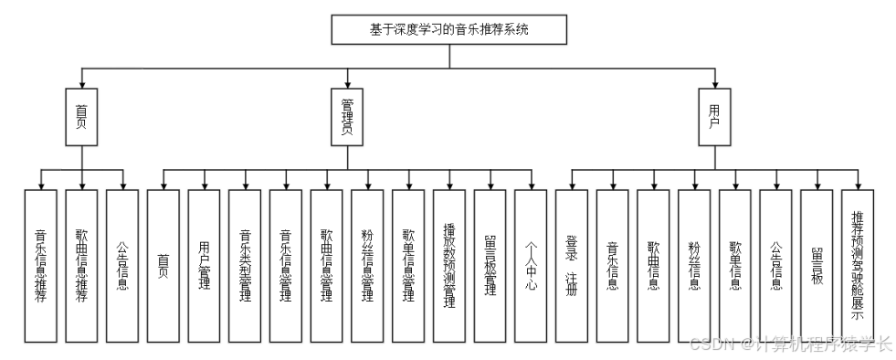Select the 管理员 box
[346, 117]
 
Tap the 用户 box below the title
[714, 117]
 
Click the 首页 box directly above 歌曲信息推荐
[81, 117]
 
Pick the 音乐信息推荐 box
[41, 265]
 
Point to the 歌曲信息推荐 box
[81, 265]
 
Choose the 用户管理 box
[204, 265]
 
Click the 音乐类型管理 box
[245, 265]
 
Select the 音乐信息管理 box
[286, 265]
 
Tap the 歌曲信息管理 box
[327, 265]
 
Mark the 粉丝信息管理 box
[367, 265]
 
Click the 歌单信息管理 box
[408, 265]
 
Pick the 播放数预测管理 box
[449, 265]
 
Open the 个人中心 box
[531, 265]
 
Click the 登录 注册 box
[572, 265]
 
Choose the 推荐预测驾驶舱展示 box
[858, 265]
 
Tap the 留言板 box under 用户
[817, 265]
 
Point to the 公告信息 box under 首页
[122, 265]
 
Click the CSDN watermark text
[790, 344]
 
